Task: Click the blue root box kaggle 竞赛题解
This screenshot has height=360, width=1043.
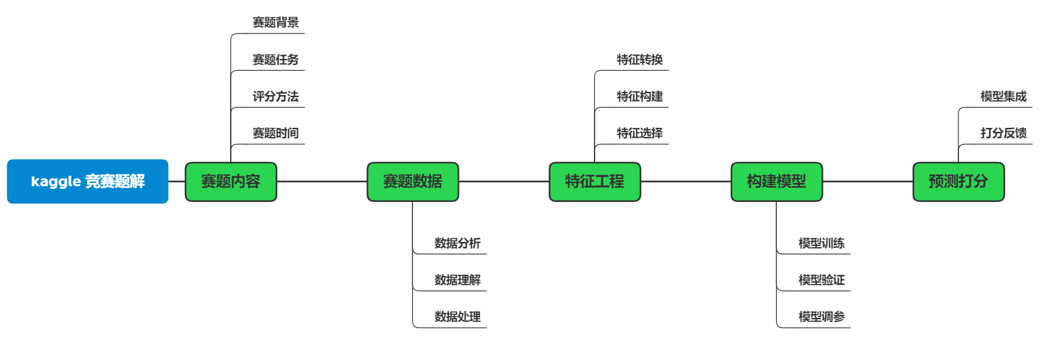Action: pyautogui.click(x=88, y=182)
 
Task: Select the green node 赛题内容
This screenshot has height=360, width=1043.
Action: pyautogui.click(x=231, y=182)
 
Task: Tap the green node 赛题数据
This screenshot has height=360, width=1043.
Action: pyautogui.click(x=412, y=182)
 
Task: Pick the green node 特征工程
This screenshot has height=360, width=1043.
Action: pyautogui.click(x=595, y=182)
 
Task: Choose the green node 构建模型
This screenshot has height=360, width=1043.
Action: pyautogui.click(x=776, y=182)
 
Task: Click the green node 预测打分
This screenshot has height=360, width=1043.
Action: pyautogui.click(x=958, y=182)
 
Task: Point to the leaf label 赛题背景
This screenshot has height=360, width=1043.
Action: pyautogui.click(x=275, y=23)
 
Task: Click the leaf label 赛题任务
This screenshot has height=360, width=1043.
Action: pyautogui.click(x=275, y=60)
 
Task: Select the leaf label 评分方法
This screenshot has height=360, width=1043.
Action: pyautogui.click(x=275, y=96)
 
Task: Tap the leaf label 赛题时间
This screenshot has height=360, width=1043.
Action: pyautogui.click(x=275, y=133)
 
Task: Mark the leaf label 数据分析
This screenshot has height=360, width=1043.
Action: pyautogui.click(x=457, y=243)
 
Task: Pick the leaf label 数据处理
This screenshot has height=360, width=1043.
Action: pyautogui.click(x=457, y=317)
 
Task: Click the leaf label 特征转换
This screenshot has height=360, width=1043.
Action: pyautogui.click(x=639, y=60)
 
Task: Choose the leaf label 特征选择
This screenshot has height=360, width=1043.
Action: pyautogui.click(x=639, y=133)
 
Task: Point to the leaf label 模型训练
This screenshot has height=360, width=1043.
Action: pyautogui.click(x=821, y=243)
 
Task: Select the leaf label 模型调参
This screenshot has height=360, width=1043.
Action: pyautogui.click(x=821, y=317)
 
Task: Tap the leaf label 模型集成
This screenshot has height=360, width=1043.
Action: pyautogui.click(x=1003, y=96)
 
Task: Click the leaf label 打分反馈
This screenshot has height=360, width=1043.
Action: pyautogui.click(x=1003, y=133)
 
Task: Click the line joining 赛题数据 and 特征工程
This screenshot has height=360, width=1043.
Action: pyautogui.click(x=503, y=182)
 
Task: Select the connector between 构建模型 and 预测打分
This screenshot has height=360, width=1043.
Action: pyautogui.click(x=867, y=182)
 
